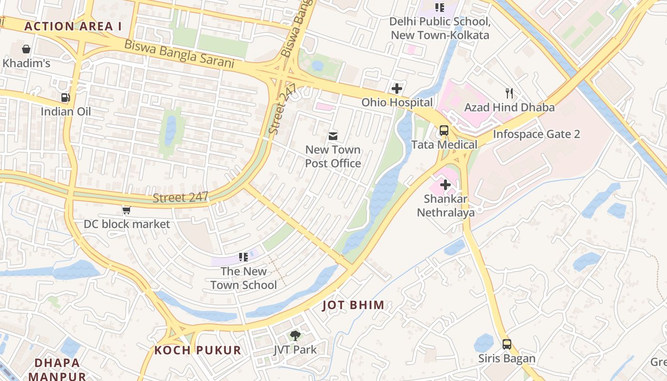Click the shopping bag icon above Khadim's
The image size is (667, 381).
pos(26,49)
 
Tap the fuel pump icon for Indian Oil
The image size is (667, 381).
pos(65,98)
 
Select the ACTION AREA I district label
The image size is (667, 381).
pos(73,26)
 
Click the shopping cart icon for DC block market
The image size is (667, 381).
pos(126,210)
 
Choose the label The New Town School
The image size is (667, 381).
pos(243,278)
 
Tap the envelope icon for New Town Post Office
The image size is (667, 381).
pos(333,136)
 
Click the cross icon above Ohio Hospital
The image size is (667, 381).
pos(396,89)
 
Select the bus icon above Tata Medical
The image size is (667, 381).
pos(444,130)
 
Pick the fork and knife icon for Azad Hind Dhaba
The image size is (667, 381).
pos(509,93)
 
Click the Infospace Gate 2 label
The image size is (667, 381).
pos(536,134)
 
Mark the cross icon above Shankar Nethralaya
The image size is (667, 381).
pos(445,185)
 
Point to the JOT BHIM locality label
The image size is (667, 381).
pos(353,305)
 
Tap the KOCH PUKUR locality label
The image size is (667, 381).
pos(198,351)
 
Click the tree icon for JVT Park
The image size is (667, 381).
pos(295,336)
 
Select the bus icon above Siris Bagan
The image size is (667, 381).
pos(507,344)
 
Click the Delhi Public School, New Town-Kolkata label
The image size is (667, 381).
pos(440,29)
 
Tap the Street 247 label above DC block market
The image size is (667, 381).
pos(181,197)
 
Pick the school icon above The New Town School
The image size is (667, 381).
pos(243,257)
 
